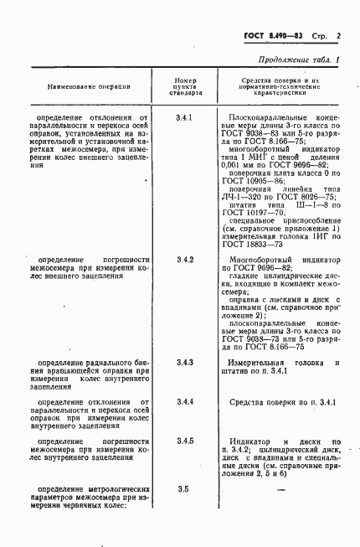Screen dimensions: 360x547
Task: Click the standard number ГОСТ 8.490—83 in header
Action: (272, 37)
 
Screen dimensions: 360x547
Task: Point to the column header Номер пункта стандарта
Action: (186, 85)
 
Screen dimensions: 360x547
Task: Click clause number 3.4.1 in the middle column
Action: (186, 118)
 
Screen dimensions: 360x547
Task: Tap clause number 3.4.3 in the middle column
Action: (186, 363)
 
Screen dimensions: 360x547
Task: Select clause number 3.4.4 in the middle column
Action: (186, 402)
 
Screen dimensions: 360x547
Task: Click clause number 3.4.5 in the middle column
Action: (186, 441)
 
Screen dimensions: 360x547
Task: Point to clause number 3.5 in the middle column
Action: (186, 488)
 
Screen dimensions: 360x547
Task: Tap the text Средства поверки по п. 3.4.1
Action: (281, 402)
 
